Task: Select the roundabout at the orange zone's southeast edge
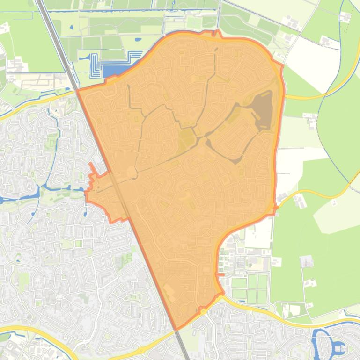(203, 310)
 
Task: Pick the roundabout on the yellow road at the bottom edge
(140, 350)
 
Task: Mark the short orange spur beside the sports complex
(220, 274)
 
